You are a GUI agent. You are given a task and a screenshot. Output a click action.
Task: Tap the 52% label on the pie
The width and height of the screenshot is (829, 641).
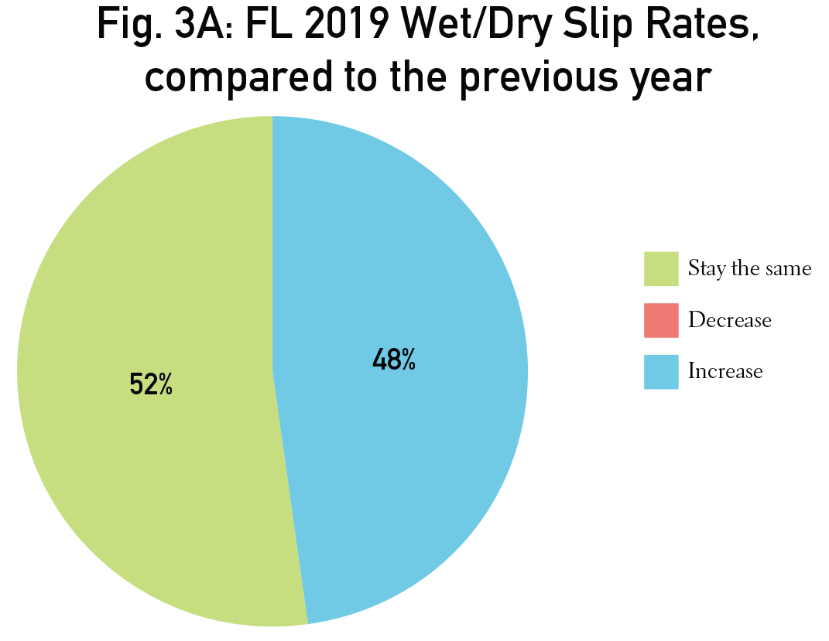click(x=151, y=384)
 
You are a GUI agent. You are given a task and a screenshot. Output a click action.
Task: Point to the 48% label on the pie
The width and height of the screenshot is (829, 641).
click(x=394, y=360)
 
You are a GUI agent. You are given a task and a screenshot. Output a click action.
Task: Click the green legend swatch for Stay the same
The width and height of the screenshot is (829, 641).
click(x=660, y=269)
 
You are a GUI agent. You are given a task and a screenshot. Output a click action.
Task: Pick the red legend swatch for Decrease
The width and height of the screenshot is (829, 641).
click(x=660, y=320)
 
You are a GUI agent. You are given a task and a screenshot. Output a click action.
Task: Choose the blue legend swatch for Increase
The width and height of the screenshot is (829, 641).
click(x=660, y=371)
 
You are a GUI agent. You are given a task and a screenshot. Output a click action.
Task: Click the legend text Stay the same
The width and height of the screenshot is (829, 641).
click(x=749, y=269)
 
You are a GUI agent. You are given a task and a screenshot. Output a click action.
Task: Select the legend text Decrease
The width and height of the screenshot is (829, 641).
click(x=729, y=320)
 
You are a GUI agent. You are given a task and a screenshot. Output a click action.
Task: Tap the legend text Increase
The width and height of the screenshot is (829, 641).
click(x=725, y=371)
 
